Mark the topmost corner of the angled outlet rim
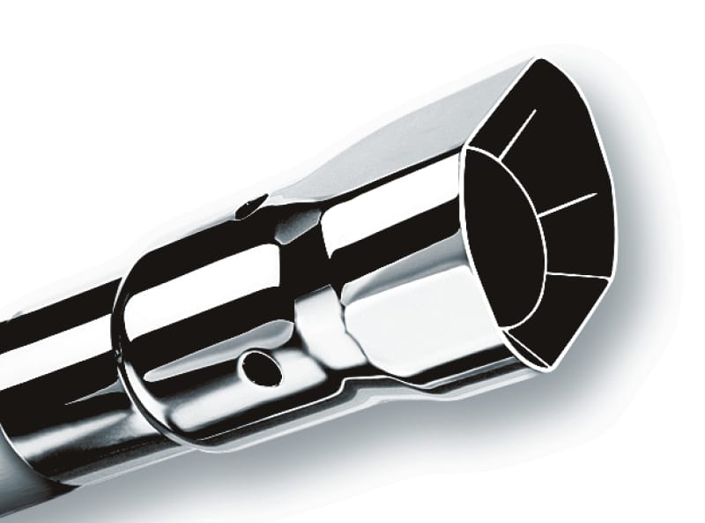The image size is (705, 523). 538,60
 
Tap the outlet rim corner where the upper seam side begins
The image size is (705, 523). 466,147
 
